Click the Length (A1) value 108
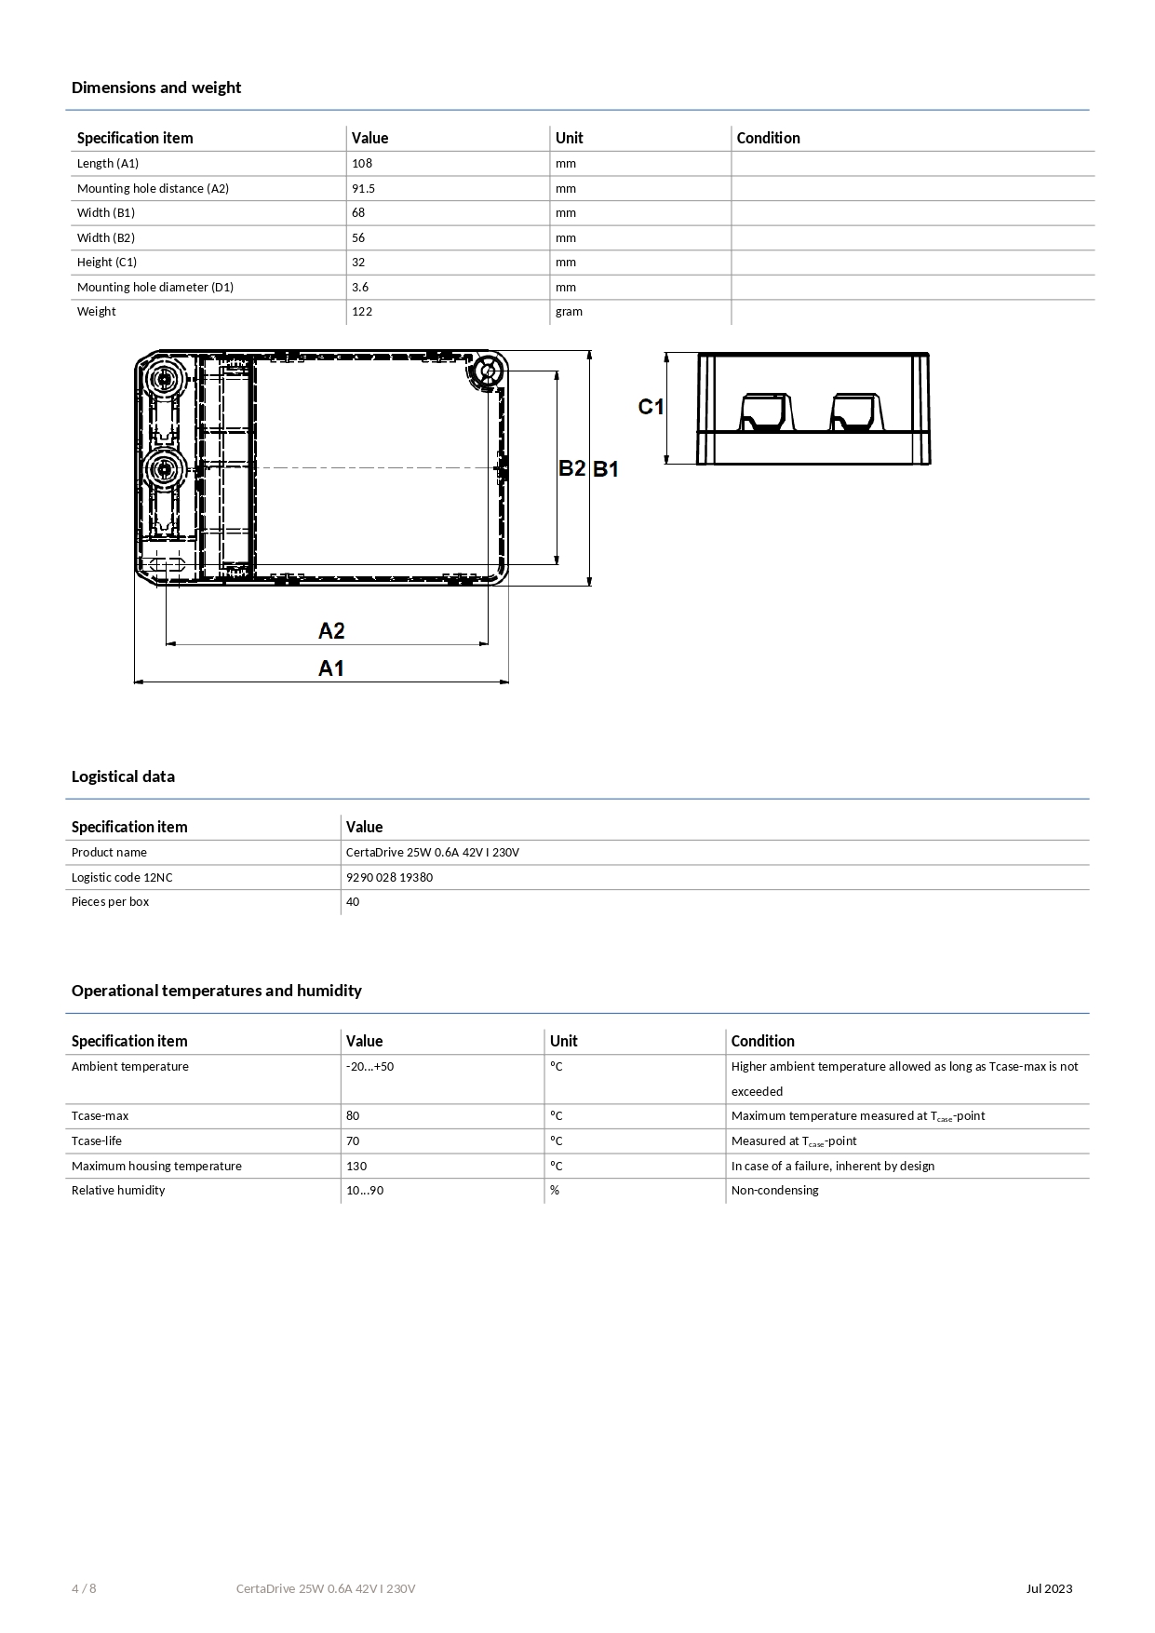(x=362, y=164)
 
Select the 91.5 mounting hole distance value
(x=364, y=188)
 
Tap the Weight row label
(x=97, y=312)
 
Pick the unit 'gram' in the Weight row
(x=569, y=312)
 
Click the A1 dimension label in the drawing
(x=331, y=668)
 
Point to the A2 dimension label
(x=331, y=631)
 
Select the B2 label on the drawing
(x=571, y=468)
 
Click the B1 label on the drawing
(x=606, y=469)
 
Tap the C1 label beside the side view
(x=651, y=407)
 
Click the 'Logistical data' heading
(x=123, y=776)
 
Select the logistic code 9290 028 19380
(x=389, y=877)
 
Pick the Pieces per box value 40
(x=353, y=902)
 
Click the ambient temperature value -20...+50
(x=369, y=1067)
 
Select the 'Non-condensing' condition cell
(x=774, y=1191)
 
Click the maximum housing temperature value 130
(x=356, y=1166)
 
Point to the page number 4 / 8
(x=84, y=1588)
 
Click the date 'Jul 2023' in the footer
(x=1049, y=1588)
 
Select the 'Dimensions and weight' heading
(x=156, y=88)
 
